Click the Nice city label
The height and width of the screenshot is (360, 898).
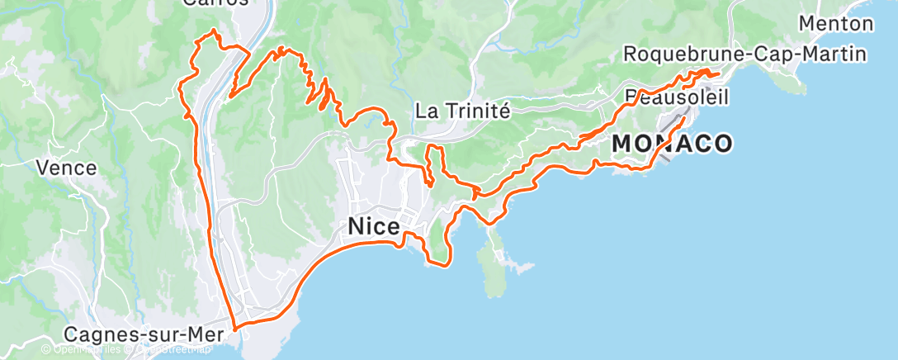coord(374,226)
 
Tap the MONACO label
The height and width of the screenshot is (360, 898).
coord(672,144)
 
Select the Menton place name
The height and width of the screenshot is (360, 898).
coord(835,23)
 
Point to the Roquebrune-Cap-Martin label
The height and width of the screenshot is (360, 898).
coord(744,54)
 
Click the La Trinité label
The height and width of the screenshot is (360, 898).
coord(463,110)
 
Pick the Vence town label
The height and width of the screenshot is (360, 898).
coord(66,168)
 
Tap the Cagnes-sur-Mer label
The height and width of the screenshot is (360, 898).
coord(139,335)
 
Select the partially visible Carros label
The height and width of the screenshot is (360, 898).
coord(215,3)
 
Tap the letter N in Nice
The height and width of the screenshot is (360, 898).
coord(357,226)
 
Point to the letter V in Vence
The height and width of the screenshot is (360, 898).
coord(41,168)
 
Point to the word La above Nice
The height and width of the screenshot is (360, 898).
coord(425,110)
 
